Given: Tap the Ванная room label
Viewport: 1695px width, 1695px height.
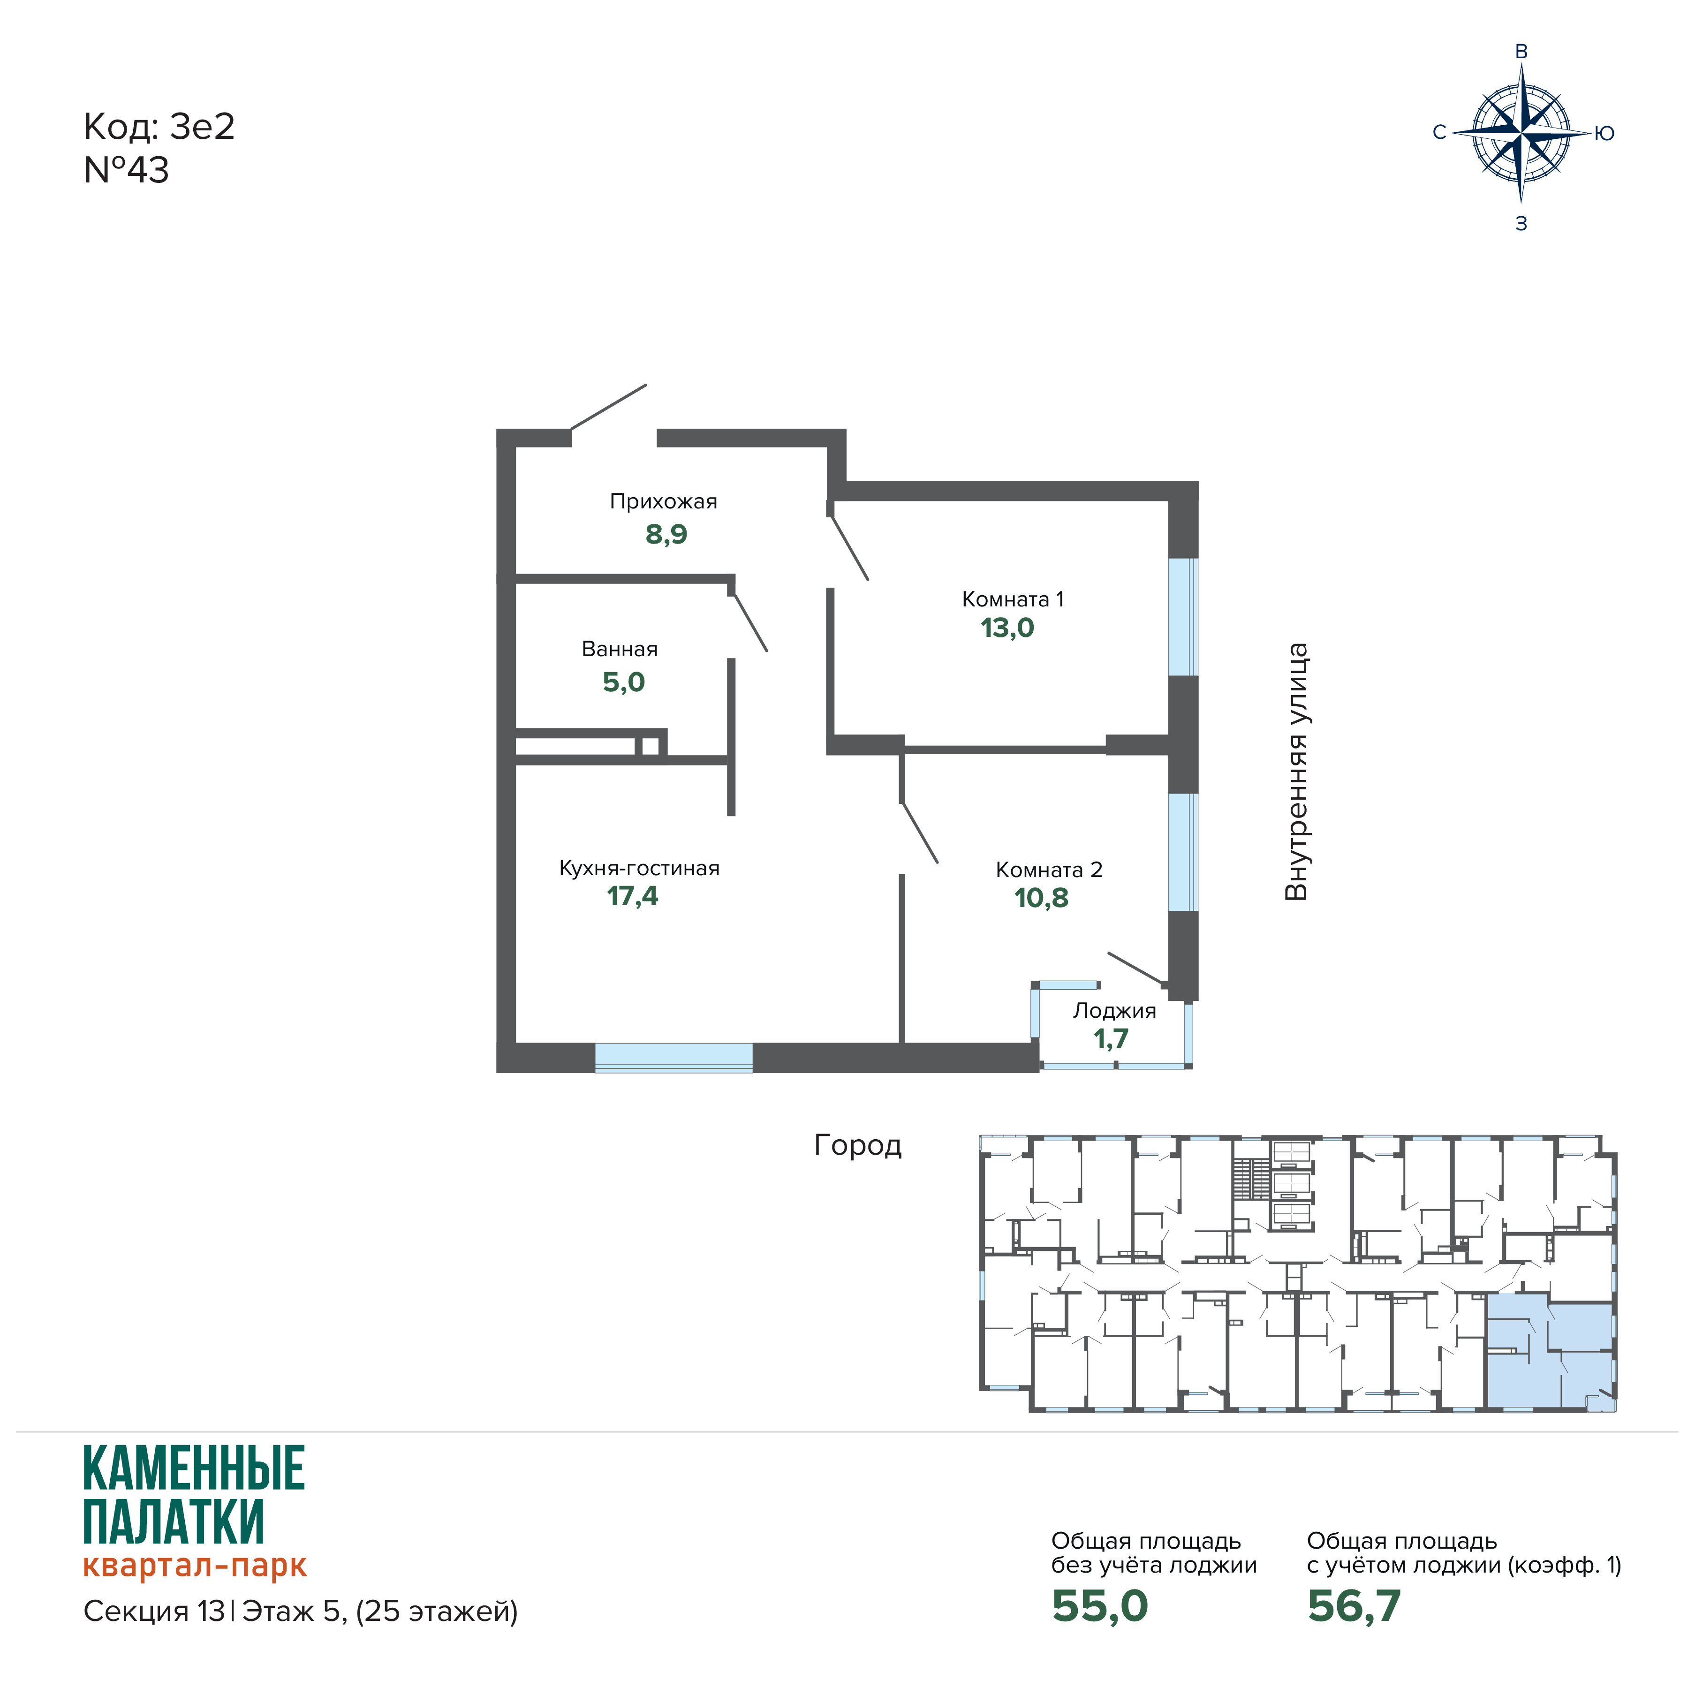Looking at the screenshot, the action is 620,649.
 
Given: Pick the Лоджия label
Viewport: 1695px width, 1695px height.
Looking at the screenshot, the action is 1114,1011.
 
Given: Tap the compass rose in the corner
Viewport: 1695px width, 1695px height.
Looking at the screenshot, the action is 1521,134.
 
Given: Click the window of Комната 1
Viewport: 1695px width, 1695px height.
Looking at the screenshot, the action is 1183,617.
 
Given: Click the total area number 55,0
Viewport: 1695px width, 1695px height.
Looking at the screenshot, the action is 1099,1606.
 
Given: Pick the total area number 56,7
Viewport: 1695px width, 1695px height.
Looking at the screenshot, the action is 1354,1606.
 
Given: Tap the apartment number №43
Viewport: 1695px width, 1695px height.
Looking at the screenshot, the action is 126,170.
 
